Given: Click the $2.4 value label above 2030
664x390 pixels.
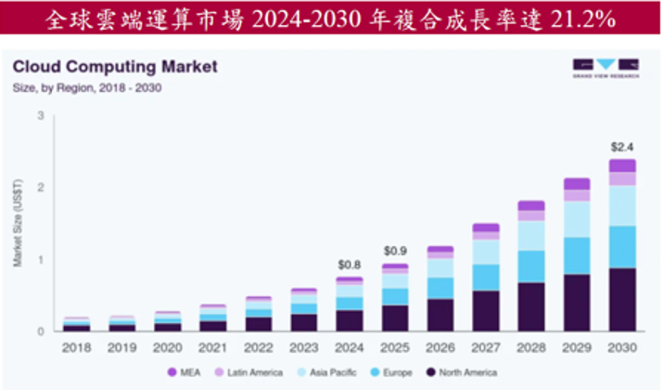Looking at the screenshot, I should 622,147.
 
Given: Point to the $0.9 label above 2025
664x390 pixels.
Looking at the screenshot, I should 394,251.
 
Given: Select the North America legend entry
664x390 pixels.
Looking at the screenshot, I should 466,372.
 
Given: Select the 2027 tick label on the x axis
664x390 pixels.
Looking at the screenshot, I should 485,348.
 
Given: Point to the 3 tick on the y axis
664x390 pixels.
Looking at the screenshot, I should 41,115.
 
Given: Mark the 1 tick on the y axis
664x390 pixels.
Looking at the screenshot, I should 41,259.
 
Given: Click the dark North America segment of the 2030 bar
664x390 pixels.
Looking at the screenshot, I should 622,299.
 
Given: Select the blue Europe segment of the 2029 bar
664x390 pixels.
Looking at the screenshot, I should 576,255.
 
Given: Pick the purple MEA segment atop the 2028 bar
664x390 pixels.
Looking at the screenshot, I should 530,205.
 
